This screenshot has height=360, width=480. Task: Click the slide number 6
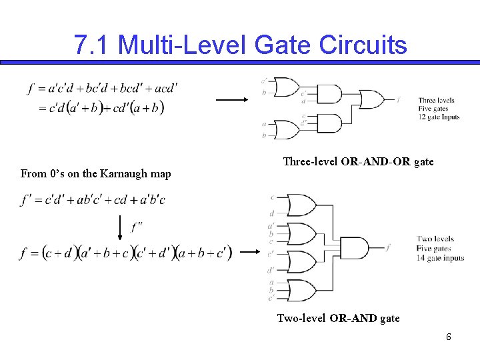(449, 337)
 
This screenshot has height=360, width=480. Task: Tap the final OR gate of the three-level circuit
(372, 100)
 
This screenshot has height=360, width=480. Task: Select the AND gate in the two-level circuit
(353, 248)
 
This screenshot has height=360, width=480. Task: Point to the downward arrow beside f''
(120, 227)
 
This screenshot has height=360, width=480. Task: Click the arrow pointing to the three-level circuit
(231, 99)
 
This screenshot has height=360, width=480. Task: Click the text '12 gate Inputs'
(437, 117)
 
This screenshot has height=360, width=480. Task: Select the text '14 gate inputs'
(440, 258)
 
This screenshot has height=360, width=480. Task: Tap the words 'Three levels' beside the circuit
(437, 101)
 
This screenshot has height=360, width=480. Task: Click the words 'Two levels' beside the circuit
(435, 239)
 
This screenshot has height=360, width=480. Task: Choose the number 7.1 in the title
(93, 45)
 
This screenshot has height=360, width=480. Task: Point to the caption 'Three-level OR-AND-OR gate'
(358, 162)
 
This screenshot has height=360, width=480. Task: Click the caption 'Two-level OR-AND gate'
(338, 319)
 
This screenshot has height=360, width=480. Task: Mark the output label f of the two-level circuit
(389, 247)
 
